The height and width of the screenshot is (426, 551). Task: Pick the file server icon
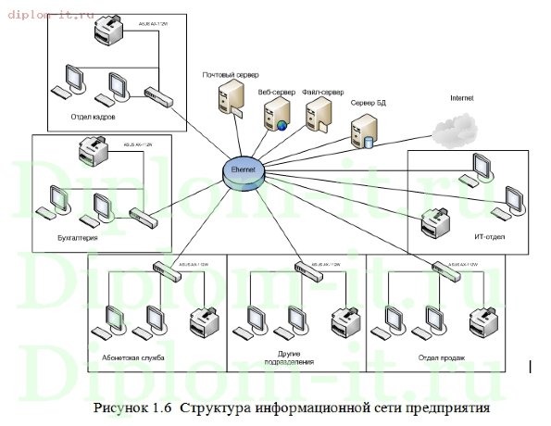[318, 116]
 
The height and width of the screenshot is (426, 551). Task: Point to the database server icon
[362, 132]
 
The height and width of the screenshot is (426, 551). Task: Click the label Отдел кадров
[93, 118]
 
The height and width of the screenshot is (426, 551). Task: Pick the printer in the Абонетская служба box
[203, 325]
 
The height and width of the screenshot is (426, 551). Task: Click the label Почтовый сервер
[232, 73]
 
